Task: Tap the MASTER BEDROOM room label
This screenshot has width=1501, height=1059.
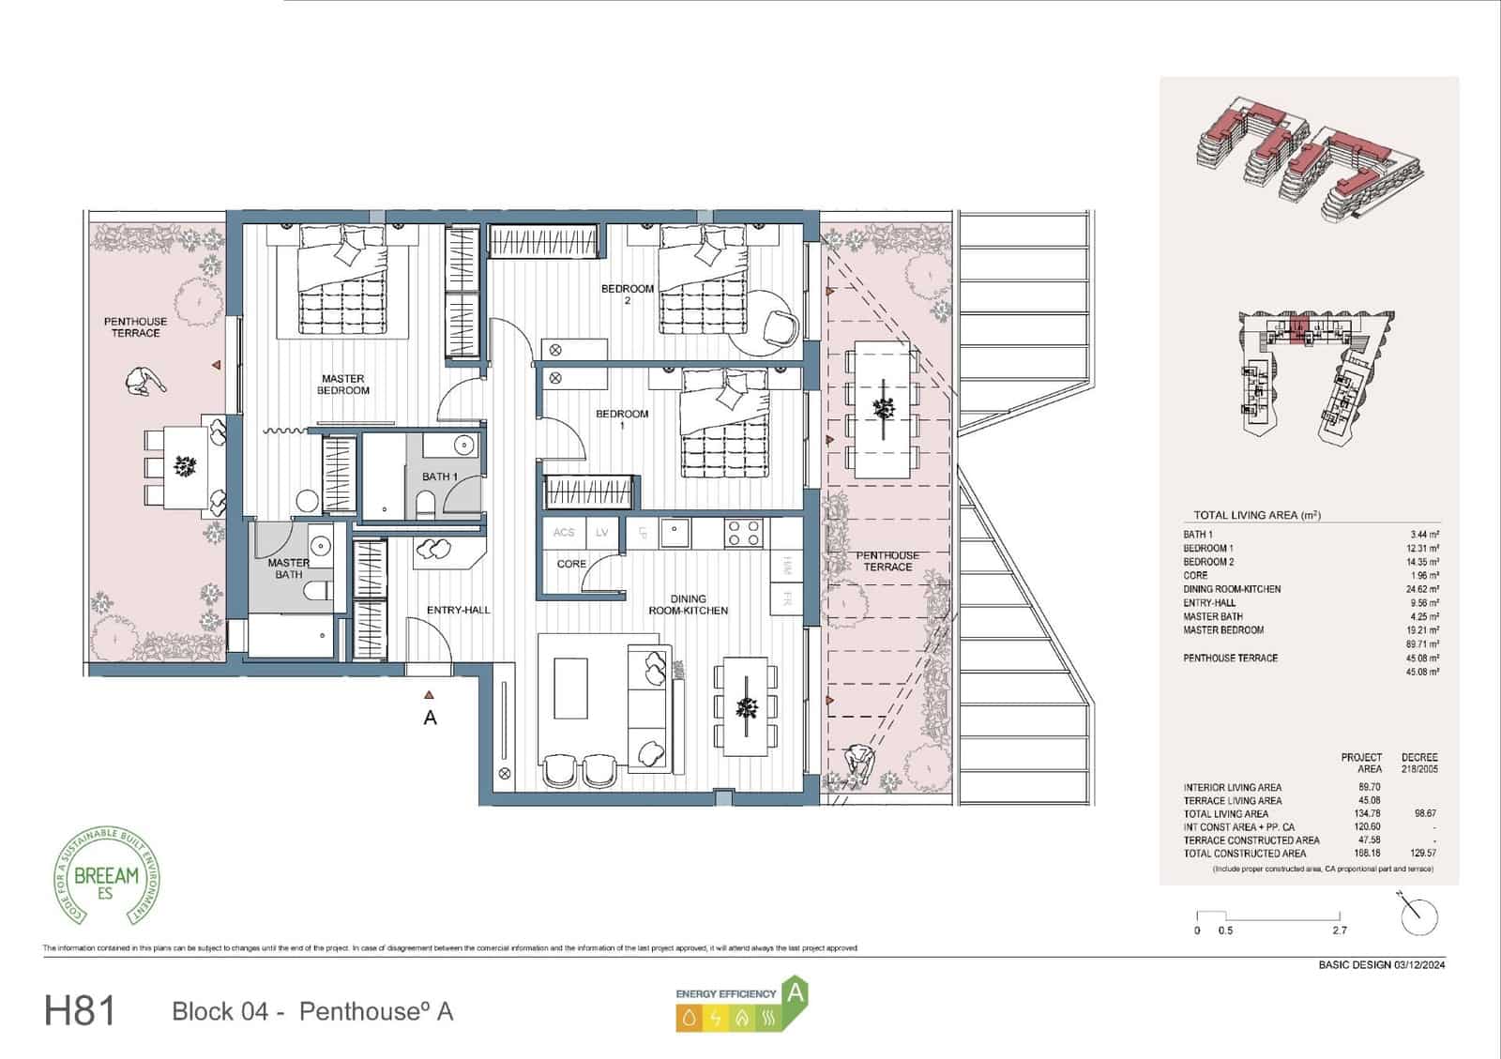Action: click(342, 385)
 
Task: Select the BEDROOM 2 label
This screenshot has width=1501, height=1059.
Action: click(627, 294)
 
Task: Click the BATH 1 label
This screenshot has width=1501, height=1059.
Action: click(439, 477)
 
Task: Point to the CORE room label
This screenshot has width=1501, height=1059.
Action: click(570, 564)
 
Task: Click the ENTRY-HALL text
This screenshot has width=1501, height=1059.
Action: click(458, 610)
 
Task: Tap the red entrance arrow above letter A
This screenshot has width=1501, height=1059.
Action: click(429, 695)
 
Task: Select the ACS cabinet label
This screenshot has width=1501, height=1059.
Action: click(563, 533)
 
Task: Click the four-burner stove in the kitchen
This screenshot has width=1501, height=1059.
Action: click(743, 533)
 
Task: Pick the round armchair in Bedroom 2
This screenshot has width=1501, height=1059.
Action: click(781, 326)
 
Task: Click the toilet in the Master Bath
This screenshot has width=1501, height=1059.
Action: click(319, 590)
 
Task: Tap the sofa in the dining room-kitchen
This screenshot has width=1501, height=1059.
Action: click(647, 700)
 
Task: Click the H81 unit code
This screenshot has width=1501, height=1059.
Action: click(80, 1011)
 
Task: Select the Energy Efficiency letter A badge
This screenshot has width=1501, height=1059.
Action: click(796, 992)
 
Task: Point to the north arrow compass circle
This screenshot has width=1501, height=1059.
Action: click(1418, 915)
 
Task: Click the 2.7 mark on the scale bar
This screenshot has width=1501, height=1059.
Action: click(1339, 930)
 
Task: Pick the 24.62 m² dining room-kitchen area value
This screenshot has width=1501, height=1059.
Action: click(1422, 589)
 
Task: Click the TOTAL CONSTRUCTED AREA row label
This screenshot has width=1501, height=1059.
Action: click(1244, 854)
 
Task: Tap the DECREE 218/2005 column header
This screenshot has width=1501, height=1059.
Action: click(1418, 763)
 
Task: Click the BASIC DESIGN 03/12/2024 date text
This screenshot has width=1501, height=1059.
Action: click(1381, 965)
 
